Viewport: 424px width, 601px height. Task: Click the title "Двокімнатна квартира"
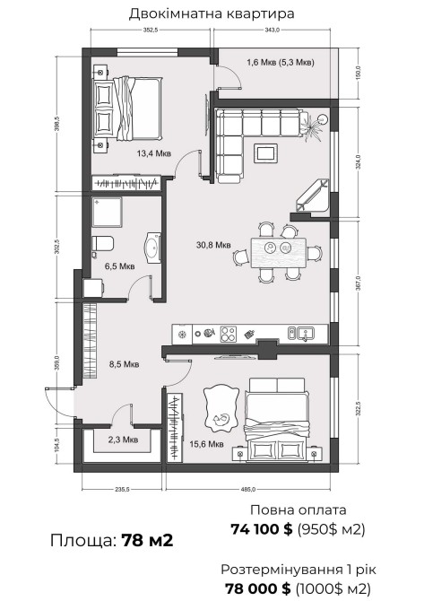(x=212, y=13)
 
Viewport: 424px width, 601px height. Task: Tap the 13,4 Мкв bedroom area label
(x=153, y=153)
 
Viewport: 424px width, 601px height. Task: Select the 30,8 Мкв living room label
(x=213, y=245)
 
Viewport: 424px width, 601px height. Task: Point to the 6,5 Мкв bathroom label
(x=120, y=266)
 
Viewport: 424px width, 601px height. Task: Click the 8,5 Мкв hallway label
(x=124, y=364)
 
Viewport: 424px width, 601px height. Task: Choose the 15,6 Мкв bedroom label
(x=206, y=444)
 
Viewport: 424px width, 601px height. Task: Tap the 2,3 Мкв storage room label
(x=123, y=440)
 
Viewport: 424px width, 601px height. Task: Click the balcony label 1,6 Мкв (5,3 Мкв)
(x=281, y=62)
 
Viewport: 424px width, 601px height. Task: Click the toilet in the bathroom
(x=102, y=244)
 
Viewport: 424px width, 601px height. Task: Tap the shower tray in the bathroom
(x=107, y=212)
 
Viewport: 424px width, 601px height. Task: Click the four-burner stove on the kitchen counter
(x=228, y=334)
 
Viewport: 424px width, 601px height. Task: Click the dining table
(x=279, y=253)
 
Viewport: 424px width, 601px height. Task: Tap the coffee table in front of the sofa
(x=264, y=152)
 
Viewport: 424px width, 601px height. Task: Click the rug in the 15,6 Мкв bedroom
(x=220, y=410)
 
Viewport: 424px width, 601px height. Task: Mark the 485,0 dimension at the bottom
(x=248, y=489)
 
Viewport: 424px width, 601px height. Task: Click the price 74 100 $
(x=262, y=529)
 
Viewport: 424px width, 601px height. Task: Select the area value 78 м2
(x=148, y=540)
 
